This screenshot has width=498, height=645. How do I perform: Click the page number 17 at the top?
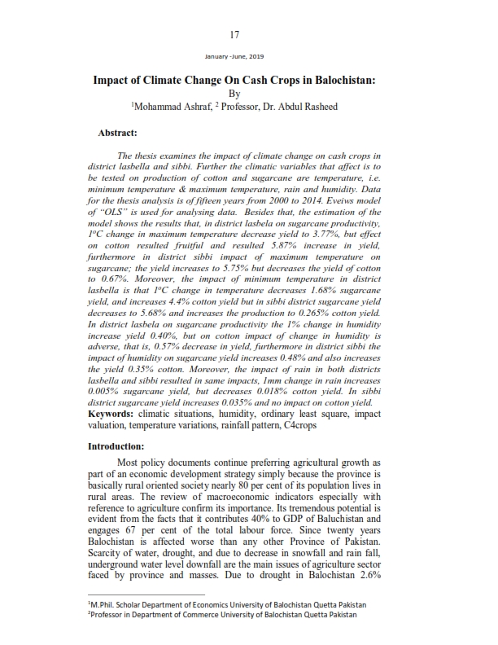tap(234, 34)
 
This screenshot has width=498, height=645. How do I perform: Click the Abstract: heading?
tap(117, 132)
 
